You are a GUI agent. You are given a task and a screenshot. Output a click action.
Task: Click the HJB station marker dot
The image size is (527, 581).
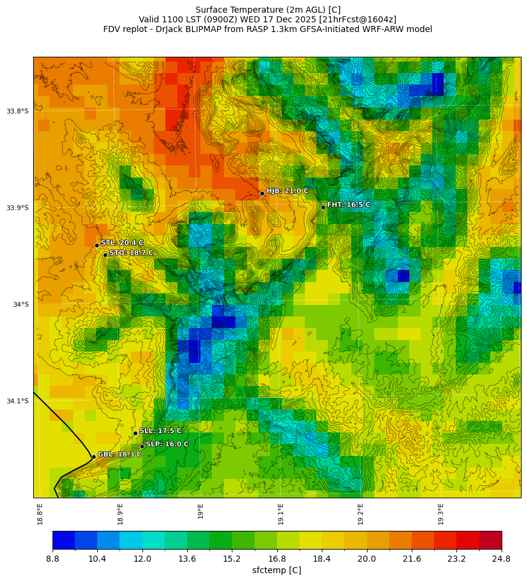tap(262, 193)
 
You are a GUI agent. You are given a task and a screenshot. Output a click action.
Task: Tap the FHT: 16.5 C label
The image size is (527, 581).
tap(348, 205)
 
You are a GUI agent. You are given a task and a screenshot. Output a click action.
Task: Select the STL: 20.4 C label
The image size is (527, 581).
tap(122, 243)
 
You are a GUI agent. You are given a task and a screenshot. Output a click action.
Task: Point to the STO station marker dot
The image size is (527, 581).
tap(105, 255)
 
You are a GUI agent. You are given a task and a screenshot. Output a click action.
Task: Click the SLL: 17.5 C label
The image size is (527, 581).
tap(160, 431)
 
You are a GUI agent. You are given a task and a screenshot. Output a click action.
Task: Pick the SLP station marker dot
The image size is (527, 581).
tap(142, 446)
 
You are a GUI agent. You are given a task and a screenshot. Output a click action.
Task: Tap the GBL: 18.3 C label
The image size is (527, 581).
tap(120, 454)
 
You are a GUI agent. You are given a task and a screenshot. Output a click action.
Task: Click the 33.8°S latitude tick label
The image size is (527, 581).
tap(18, 111)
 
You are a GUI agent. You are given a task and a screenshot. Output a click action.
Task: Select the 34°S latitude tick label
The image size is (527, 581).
tap(21, 304)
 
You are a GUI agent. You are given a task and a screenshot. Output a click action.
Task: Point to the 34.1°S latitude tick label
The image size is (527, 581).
tap(18, 401)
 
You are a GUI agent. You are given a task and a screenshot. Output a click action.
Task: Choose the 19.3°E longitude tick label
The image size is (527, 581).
tap(441, 513)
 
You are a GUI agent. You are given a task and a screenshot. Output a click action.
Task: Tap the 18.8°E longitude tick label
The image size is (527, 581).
tap(40, 513)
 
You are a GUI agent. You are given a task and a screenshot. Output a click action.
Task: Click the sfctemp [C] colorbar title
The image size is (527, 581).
tap(276, 570)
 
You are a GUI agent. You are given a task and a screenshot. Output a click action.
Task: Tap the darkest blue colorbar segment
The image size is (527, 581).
tap(63, 539)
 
